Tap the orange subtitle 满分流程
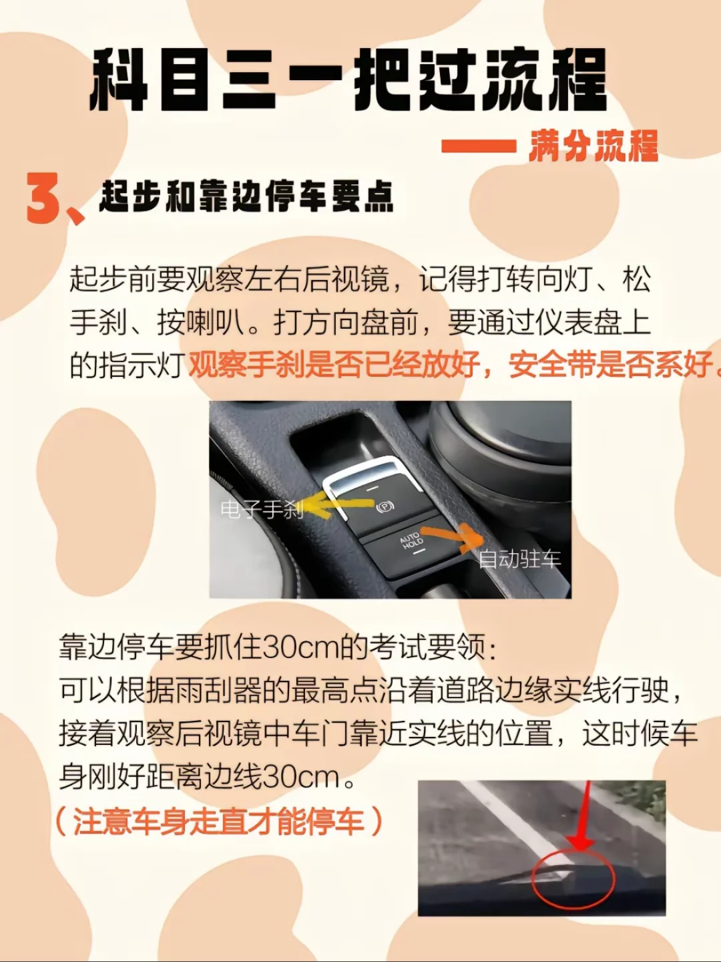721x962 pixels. point(594,146)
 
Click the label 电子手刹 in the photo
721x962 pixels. point(262,509)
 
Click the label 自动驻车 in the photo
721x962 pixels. point(519,558)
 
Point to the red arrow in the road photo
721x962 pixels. point(583,818)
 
